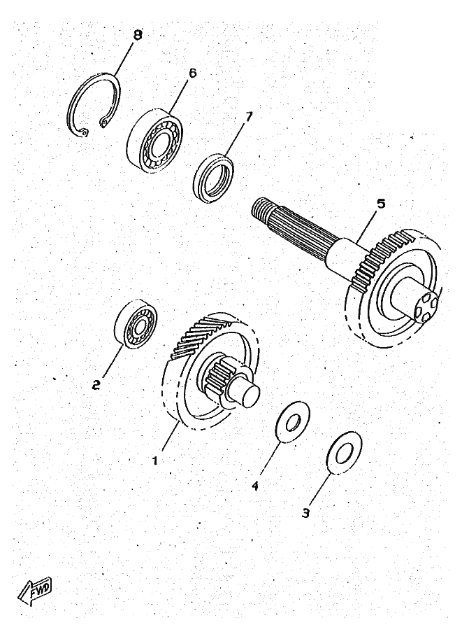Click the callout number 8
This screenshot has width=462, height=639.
pyautogui.click(x=137, y=35)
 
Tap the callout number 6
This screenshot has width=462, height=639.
pyautogui.click(x=193, y=73)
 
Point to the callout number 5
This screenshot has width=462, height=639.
pyautogui.click(x=381, y=204)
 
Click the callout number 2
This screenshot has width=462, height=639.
pyautogui.click(x=97, y=384)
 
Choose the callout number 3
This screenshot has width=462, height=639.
pyautogui.click(x=305, y=512)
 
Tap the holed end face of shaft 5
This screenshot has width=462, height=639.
pyautogui.click(x=424, y=307)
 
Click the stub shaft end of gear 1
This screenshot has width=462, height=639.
pyautogui.click(x=249, y=393)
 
